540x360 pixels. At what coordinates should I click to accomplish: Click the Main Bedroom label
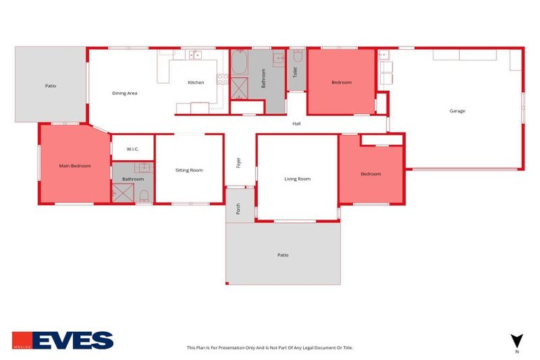[x=74, y=166]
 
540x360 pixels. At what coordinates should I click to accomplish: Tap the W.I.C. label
[x=133, y=149]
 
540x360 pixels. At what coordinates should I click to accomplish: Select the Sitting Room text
[x=189, y=170]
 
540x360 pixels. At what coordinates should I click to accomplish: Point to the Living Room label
[x=297, y=179]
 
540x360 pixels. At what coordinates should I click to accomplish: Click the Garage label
[x=457, y=110]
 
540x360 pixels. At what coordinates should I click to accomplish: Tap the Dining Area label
[x=124, y=93]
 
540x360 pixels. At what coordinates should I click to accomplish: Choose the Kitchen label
[x=195, y=82]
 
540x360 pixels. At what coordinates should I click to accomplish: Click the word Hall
[x=297, y=124]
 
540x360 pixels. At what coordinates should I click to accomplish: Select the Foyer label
[x=239, y=161]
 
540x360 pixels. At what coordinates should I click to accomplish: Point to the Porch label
[x=238, y=208]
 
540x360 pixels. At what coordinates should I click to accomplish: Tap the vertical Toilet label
[x=295, y=72]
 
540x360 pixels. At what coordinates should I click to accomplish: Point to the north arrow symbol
[x=517, y=340]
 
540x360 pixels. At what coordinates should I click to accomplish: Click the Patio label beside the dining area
[x=51, y=86]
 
